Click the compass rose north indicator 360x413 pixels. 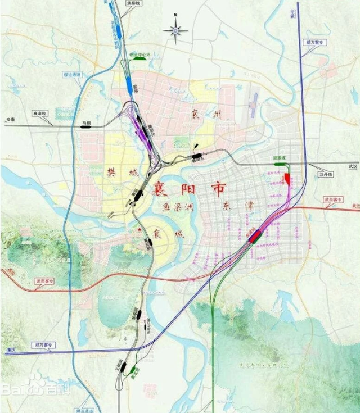(176, 28)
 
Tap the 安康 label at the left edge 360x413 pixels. (9, 120)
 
